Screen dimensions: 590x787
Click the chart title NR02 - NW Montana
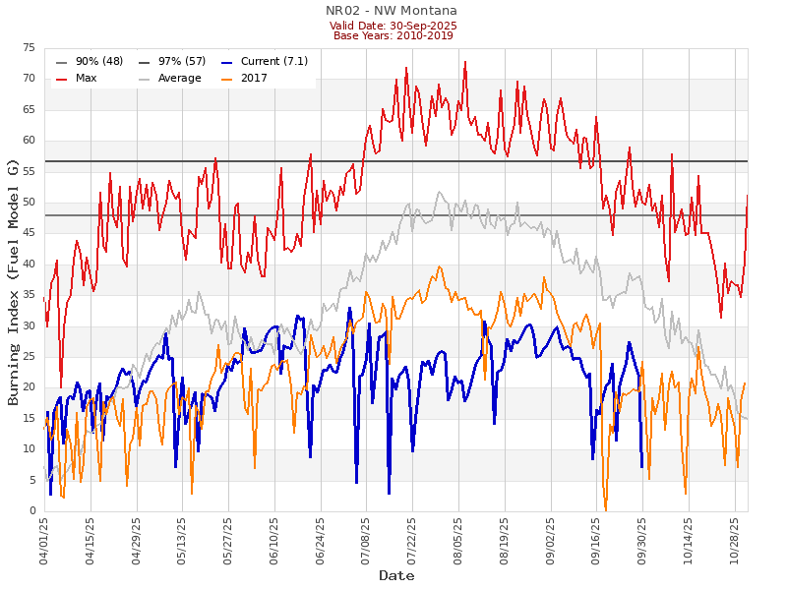click(392, 11)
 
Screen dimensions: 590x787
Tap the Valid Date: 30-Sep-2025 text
click(393, 26)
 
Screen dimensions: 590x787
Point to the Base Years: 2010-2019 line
click(393, 36)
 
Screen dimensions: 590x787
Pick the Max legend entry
click(86, 79)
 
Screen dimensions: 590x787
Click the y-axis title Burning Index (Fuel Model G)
click(14, 280)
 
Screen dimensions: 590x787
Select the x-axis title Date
click(396, 576)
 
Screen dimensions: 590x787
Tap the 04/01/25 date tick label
click(45, 540)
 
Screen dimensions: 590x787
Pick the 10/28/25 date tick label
click(735, 540)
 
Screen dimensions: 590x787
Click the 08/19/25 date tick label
click(505, 540)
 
